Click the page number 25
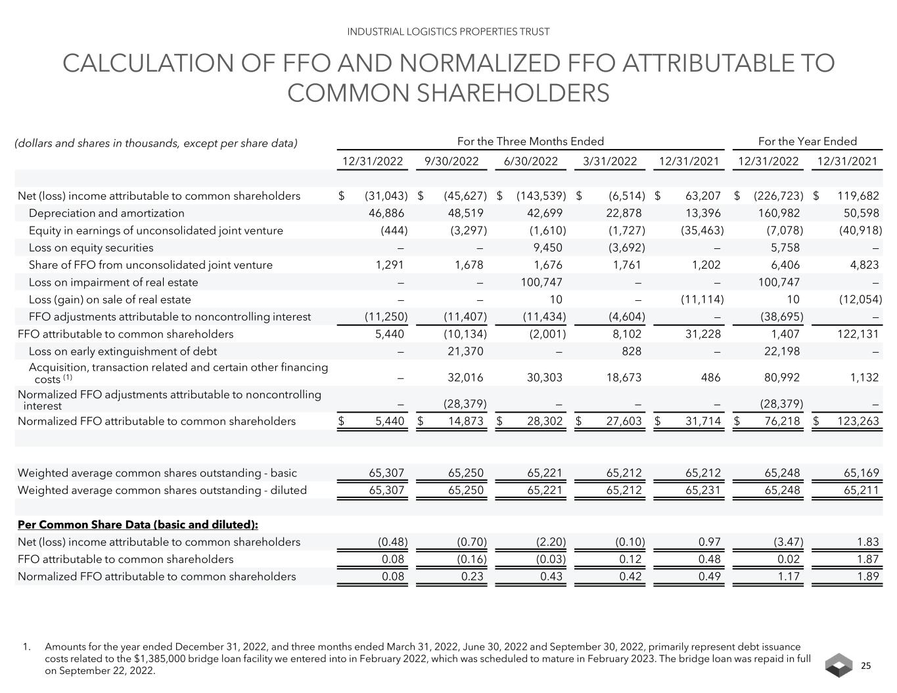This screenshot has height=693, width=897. click(865, 665)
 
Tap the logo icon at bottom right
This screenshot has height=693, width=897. click(839, 665)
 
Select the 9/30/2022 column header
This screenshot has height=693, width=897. click(451, 161)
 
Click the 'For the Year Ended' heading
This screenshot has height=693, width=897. click(807, 141)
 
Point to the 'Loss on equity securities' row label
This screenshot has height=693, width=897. click(91, 248)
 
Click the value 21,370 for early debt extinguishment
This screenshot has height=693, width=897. click(465, 351)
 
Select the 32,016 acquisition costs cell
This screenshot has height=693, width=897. click(465, 378)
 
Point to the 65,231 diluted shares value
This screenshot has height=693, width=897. click(702, 490)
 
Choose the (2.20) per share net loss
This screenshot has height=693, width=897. click(550, 542)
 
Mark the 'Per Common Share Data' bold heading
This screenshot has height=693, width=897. click(137, 525)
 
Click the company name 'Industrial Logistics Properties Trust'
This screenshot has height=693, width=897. click(448, 32)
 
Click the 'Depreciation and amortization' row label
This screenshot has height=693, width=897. click(106, 213)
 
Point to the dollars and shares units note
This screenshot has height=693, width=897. click(156, 143)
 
